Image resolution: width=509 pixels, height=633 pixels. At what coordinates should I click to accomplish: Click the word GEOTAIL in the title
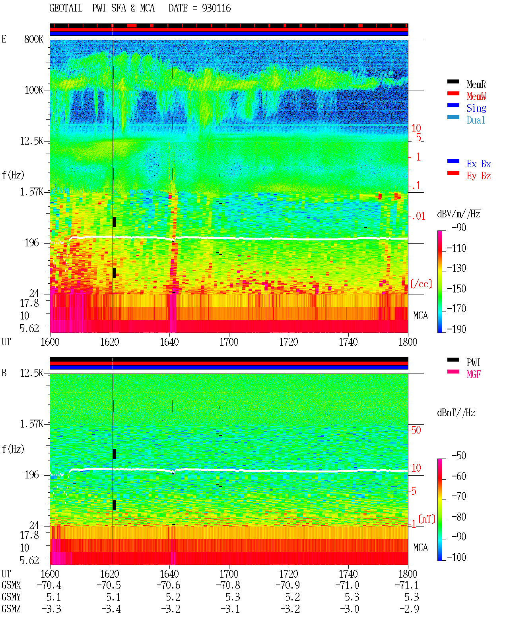point(66,8)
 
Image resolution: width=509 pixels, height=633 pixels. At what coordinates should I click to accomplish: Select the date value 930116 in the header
point(216,8)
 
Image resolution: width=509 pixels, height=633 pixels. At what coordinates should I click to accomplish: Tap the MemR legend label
point(476,84)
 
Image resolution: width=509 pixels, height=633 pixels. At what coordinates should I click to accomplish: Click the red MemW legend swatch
point(453,93)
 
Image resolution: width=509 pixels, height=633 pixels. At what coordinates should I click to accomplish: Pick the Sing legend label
point(476,108)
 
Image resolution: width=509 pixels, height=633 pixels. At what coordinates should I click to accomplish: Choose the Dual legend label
point(476,120)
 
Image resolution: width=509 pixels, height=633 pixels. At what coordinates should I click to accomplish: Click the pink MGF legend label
point(474,374)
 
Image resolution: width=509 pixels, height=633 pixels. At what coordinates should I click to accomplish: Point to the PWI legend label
point(473,362)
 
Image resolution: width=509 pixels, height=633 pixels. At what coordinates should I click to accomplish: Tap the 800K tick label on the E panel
point(34,39)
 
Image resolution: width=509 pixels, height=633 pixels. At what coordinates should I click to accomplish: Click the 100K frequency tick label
point(34,90)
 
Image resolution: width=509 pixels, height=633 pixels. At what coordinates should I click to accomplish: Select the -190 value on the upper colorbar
point(457,329)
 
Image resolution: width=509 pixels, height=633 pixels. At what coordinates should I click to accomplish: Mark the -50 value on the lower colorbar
point(459,456)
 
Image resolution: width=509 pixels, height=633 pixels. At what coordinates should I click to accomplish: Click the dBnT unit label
point(457,413)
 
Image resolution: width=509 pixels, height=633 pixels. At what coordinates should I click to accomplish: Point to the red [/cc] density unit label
point(421,284)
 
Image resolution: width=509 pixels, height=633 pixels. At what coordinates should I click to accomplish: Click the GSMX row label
point(11,585)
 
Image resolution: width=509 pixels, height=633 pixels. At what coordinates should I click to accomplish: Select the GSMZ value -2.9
point(409,609)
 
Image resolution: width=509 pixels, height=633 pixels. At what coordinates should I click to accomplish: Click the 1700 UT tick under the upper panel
point(229,342)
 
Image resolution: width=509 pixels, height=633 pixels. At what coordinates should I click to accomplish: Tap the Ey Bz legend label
point(479,176)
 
